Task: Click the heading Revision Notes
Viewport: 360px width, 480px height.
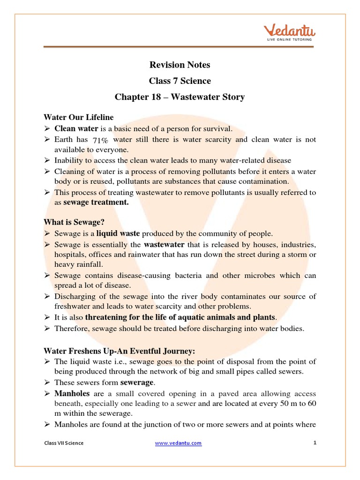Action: [x=180, y=65]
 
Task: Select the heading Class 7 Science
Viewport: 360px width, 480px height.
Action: [x=180, y=81]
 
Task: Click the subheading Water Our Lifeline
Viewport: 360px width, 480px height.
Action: [x=79, y=117]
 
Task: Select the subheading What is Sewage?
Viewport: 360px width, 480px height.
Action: [x=74, y=222]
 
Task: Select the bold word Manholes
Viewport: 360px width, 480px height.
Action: [x=72, y=394]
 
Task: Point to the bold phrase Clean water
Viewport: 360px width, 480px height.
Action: [x=76, y=128]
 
